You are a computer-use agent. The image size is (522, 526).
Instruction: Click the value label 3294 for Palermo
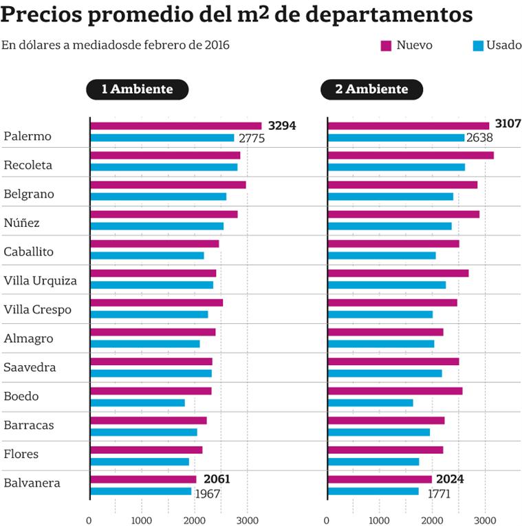point(282,126)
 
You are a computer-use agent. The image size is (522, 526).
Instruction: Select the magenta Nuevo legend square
point(386,45)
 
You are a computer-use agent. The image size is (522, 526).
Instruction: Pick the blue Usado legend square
point(479,45)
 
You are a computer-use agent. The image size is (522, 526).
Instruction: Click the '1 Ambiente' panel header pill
point(137,89)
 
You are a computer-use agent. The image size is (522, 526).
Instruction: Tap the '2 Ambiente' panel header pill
point(371,89)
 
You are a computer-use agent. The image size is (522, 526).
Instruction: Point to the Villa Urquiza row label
point(41,281)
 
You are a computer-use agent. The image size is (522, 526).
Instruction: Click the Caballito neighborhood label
point(29,252)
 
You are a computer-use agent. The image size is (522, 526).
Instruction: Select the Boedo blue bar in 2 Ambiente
point(371,403)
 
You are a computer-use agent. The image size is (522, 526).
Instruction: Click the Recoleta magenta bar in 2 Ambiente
point(411,155)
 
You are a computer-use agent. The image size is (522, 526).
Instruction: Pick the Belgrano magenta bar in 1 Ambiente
point(168,185)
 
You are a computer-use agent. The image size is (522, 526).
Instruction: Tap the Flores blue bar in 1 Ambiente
point(140,461)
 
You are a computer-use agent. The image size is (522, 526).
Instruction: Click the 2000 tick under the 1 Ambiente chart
point(195,520)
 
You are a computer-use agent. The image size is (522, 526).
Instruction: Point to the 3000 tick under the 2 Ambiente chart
point(485,520)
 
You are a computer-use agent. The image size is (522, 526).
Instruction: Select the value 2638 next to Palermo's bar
point(479,138)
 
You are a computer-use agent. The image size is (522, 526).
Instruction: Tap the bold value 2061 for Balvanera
point(215,479)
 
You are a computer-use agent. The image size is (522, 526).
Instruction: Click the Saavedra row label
point(30,367)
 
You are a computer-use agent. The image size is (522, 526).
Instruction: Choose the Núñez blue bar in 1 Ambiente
point(157,226)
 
